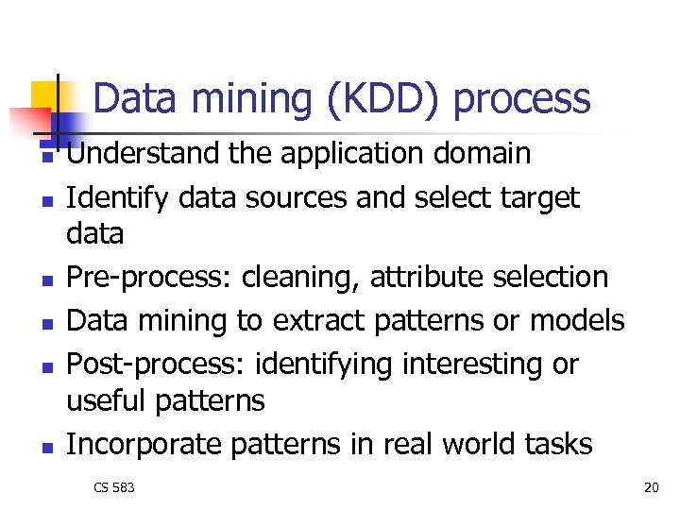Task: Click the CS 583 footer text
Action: (114, 487)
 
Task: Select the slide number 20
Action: (651, 487)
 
